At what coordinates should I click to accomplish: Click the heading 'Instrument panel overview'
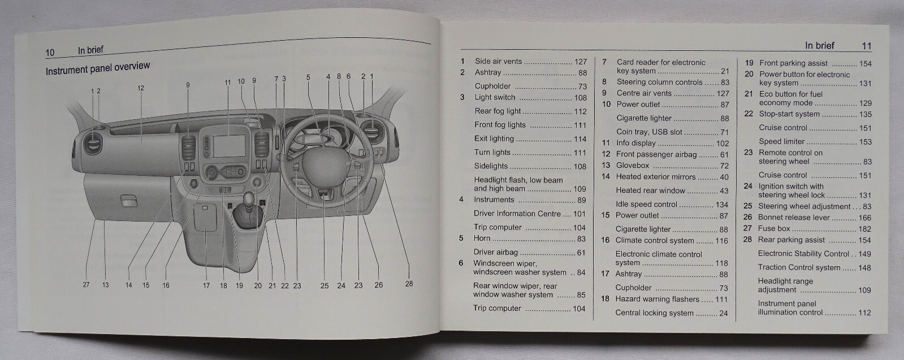[98, 68]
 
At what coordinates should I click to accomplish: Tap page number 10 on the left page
[50, 53]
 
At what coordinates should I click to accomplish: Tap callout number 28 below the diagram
[409, 284]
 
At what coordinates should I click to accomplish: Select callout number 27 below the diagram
[86, 285]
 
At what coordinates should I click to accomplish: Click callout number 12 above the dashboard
[141, 88]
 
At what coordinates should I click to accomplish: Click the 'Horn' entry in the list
[482, 238]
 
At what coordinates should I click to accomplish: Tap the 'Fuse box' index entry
[774, 229]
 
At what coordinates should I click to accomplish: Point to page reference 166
[865, 218]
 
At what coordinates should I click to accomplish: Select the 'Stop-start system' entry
[789, 114]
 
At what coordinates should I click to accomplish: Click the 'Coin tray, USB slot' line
[649, 132]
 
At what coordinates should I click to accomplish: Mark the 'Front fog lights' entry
[500, 125]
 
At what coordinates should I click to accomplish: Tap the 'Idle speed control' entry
[646, 205]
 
